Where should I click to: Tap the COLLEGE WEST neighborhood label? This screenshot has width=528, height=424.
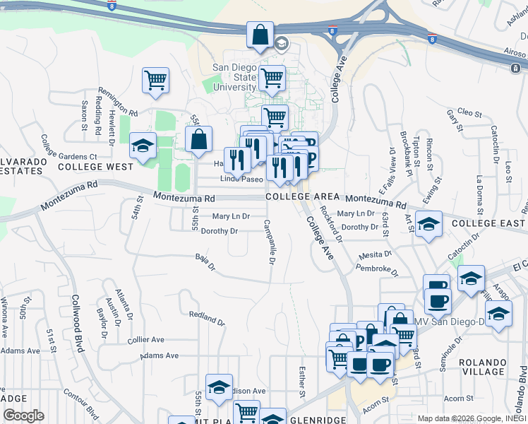click(x=95, y=167)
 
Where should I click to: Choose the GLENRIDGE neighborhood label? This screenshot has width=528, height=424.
click(x=317, y=420)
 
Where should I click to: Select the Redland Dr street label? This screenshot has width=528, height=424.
click(x=207, y=317)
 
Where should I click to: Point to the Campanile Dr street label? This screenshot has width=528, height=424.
click(x=269, y=242)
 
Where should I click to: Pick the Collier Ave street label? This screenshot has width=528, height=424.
click(x=146, y=340)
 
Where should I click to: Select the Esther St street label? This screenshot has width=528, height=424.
click(x=302, y=380)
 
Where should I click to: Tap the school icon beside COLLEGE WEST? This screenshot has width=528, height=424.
click(x=143, y=147)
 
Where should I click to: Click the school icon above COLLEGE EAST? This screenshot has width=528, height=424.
click(x=428, y=223)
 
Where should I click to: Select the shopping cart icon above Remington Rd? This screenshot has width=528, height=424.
click(x=155, y=80)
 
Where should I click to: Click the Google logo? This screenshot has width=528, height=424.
click(x=23, y=416)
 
